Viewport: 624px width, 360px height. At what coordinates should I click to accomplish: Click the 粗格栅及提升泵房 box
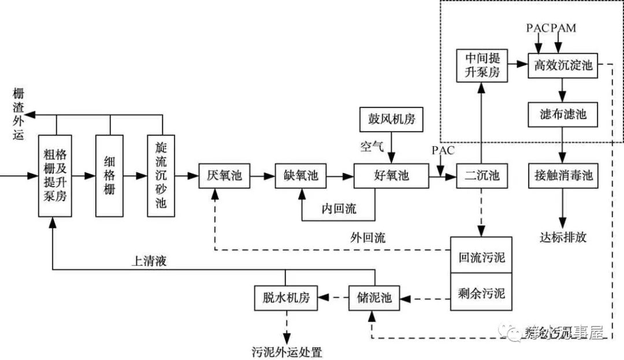click(56, 176)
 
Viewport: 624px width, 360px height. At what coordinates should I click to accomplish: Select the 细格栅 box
click(110, 176)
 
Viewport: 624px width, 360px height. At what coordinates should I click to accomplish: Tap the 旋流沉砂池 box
click(161, 176)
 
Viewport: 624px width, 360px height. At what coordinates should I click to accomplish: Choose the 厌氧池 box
click(224, 176)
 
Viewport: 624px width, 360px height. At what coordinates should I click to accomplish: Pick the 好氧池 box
click(391, 176)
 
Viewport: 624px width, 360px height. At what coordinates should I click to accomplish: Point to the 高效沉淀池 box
click(563, 65)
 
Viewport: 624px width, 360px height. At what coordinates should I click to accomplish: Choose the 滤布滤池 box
click(562, 114)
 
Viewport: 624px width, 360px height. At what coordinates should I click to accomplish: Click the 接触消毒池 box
click(562, 175)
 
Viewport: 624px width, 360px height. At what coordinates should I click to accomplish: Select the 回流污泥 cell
click(481, 256)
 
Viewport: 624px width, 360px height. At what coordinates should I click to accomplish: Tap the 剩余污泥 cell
click(481, 294)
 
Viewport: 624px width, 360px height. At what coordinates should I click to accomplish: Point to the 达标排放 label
click(563, 237)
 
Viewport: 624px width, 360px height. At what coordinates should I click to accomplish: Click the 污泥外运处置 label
click(287, 351)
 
